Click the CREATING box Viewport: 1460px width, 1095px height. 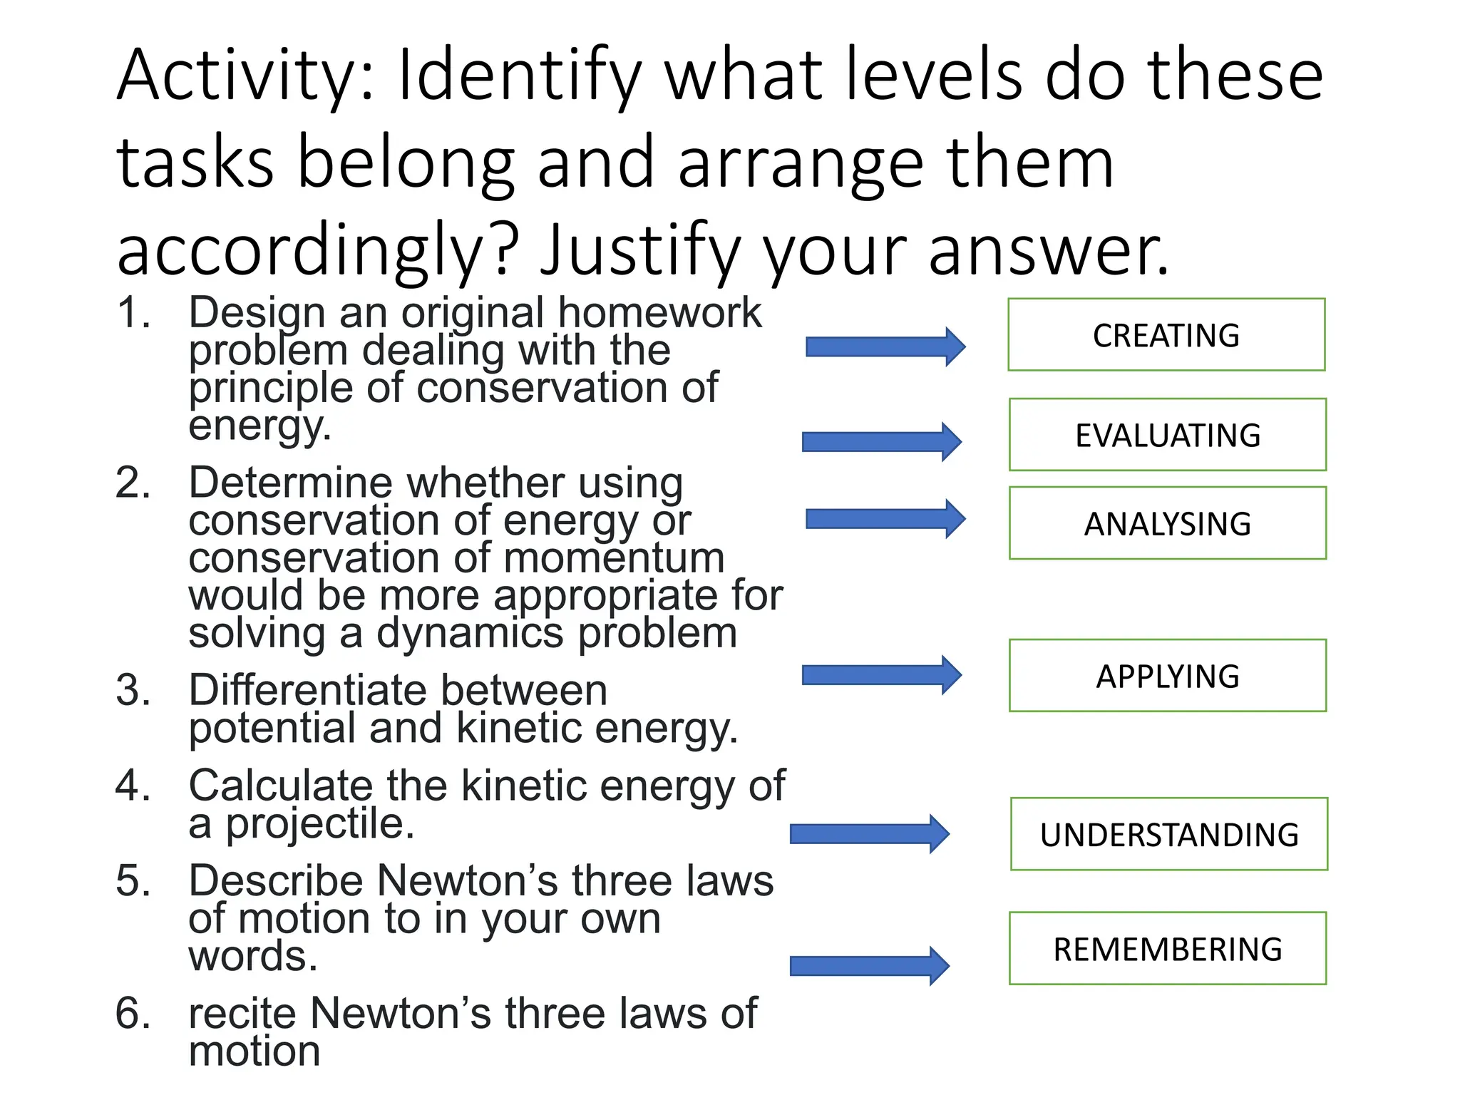pos(1166,335)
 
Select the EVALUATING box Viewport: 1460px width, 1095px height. pos(1168,435)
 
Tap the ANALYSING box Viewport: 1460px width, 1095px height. pos(1168,523)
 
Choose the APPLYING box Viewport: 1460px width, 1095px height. pos(1168,676)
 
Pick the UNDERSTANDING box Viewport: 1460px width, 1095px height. pos(1169,834)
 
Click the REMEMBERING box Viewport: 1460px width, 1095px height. pos(1168,949)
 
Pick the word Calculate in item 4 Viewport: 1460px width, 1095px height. pos(280,786)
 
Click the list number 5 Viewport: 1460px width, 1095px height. pos(133,880)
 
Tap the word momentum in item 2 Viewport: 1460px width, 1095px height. pos(614,557)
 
